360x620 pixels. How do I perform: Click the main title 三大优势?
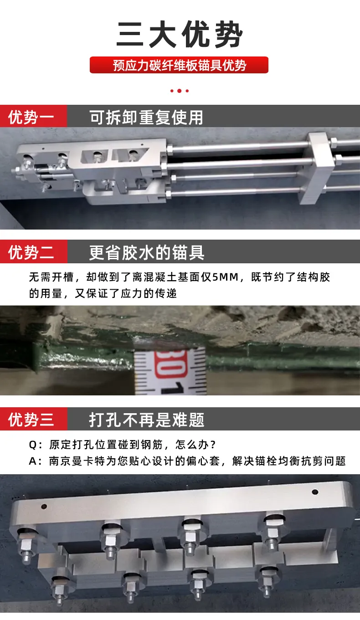180,36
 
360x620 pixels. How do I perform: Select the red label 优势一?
31,118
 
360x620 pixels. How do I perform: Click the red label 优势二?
31,252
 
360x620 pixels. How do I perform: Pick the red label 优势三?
31,419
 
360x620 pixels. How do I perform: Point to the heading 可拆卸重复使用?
146,118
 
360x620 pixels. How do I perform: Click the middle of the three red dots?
180,91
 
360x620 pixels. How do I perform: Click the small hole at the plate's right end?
314,492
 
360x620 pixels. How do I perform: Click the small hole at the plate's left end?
43,507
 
